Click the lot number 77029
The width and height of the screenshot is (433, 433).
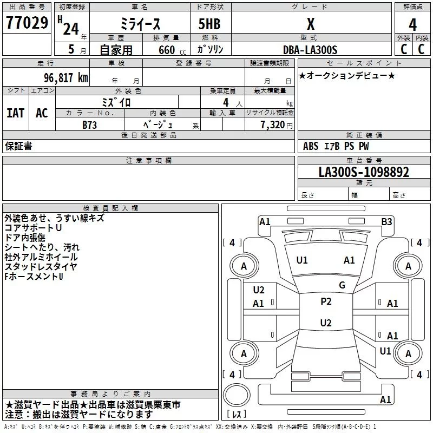pos(27,23)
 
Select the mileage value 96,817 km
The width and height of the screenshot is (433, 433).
pos(66,78)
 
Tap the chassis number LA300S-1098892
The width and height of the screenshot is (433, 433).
pos(364,172)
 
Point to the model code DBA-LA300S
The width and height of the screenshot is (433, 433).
pos(310,50)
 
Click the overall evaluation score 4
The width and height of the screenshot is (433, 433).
pos(412,25)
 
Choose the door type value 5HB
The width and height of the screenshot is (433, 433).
pos(209,24)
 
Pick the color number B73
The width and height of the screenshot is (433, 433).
pos(89,125)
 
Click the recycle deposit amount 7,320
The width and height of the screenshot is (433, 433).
pos(273,125)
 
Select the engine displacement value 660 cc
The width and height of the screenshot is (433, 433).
pos(172,50)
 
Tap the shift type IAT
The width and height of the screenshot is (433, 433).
pos(16,113)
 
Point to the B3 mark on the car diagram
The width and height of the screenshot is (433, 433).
pos(386,222)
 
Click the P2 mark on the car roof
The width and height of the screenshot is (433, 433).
pos(326,301)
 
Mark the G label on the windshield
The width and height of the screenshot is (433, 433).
pos(342,285)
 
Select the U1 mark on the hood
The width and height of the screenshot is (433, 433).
pos(302,260)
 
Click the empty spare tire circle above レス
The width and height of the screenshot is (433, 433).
pos(237,395)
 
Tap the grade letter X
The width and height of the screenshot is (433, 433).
pos(311,24)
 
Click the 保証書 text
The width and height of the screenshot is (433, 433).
pos(18,146)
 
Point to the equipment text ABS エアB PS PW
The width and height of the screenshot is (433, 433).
pos(336,146)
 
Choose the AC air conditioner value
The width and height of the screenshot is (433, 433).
pos(42,113)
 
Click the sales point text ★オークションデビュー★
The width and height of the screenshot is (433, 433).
pos(347,76)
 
